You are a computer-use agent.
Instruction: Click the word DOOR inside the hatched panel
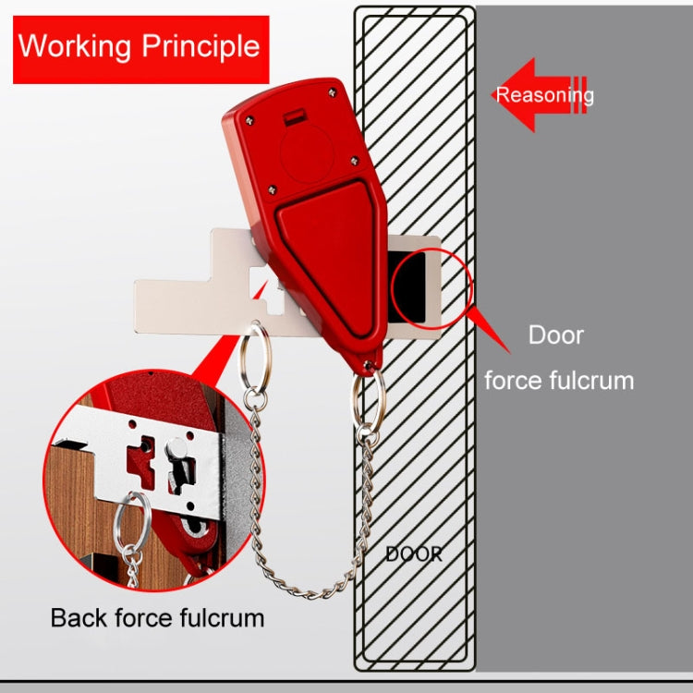[413, 554]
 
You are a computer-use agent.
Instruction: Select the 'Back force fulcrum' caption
[157, 617]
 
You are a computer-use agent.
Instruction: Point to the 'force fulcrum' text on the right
[560, 379]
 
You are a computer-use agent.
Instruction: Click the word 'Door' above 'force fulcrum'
[555, 334]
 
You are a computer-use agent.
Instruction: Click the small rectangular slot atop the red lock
[294, 117]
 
